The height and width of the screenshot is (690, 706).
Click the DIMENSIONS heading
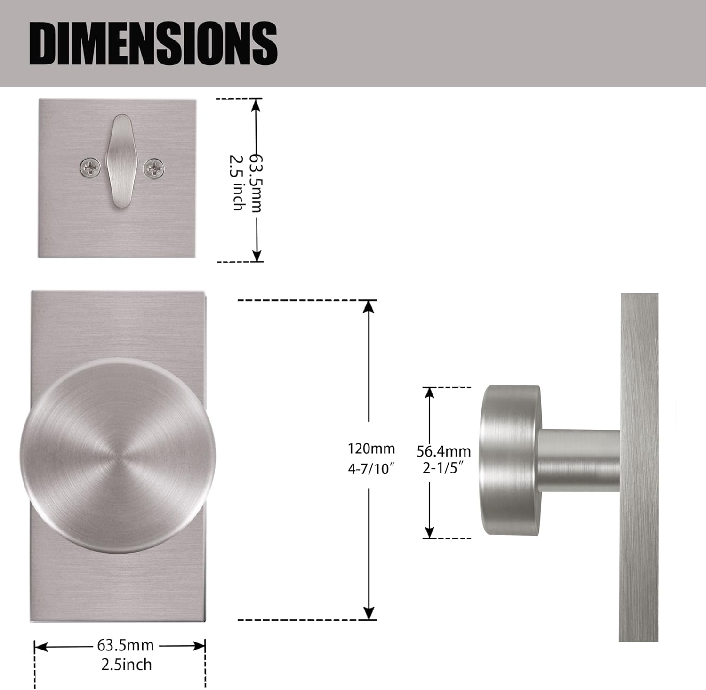153,43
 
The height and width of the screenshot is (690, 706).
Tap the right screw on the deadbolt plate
154,168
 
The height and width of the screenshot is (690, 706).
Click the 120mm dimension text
371,449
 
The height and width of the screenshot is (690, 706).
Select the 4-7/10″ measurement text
371,469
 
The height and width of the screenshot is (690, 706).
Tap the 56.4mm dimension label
443,451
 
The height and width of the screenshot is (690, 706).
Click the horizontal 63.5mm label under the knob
125,645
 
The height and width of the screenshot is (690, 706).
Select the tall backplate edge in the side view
639,466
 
